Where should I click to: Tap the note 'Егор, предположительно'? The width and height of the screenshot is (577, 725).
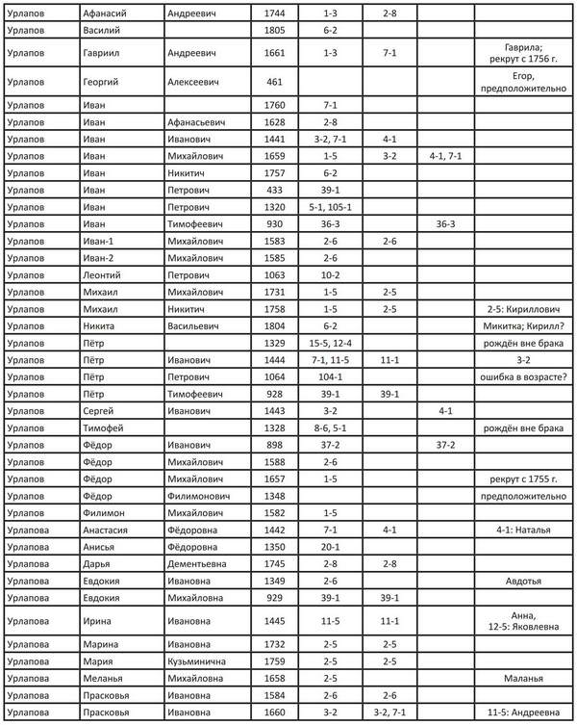point(524,82)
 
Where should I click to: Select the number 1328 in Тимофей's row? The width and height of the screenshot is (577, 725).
point(274,427)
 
